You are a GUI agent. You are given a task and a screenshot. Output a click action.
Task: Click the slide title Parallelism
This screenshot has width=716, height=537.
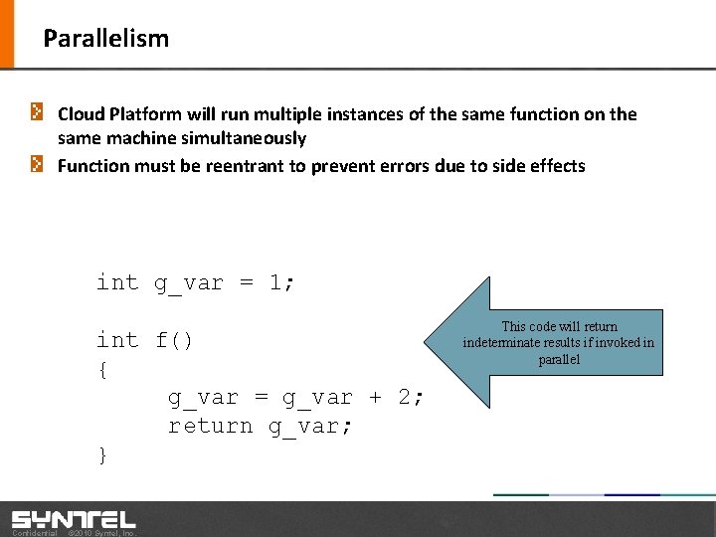click(105, 39)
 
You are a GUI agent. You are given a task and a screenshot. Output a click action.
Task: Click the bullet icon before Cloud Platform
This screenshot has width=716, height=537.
click(37, 113)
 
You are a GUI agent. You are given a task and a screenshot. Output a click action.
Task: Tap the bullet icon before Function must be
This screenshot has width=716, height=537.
click(37, 165)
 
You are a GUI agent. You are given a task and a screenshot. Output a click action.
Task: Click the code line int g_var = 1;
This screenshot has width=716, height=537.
click(195, 282)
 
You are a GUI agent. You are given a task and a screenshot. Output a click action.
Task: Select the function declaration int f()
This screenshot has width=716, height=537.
click(144, 340)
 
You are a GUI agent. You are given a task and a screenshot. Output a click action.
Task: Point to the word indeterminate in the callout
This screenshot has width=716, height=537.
click(504, 343)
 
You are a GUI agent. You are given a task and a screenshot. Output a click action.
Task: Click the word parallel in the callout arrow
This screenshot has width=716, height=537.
click(559, 359)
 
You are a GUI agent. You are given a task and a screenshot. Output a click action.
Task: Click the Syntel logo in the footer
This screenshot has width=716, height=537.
click(73, 518)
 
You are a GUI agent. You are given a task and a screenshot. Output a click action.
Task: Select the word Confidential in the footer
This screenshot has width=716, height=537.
click(34, 533)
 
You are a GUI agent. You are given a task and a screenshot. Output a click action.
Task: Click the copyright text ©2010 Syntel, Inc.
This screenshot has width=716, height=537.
click(100, 533)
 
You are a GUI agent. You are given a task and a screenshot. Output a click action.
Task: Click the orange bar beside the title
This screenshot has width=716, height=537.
click(7, 34)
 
